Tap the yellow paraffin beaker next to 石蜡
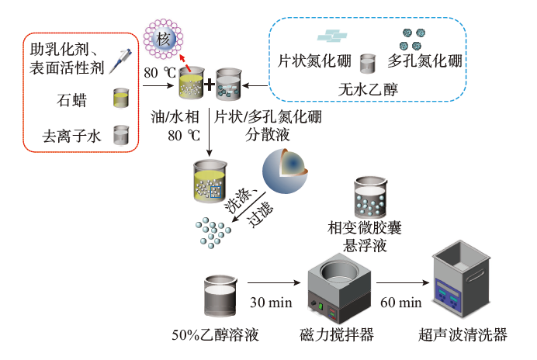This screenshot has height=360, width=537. (x=121, y=99)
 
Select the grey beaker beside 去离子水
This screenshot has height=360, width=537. (x=121, y=137)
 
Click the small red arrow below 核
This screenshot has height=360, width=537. (x=182, y=59)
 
